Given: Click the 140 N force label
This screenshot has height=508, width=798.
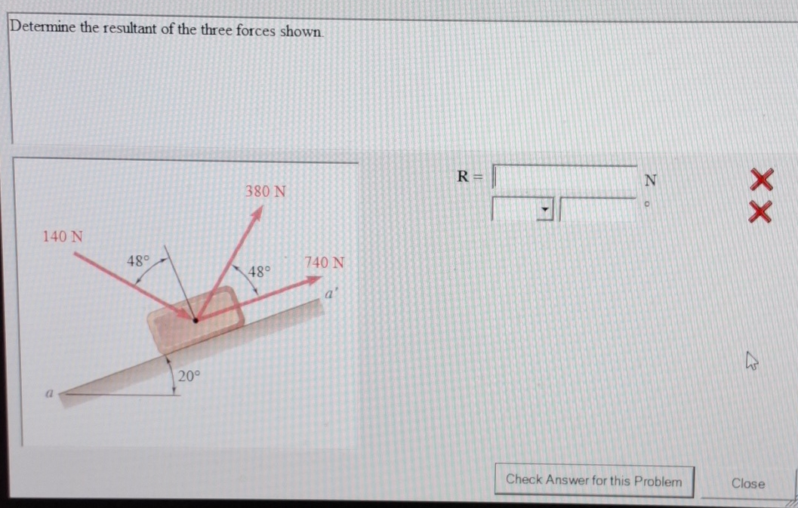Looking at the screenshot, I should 63,237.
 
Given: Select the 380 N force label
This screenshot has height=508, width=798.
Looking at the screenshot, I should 265,192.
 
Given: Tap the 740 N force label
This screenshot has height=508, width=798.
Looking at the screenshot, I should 325,263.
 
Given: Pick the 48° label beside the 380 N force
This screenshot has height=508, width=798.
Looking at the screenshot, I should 260,271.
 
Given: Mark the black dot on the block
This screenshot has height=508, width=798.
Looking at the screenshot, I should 196,320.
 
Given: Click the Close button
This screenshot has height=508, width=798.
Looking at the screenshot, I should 747,484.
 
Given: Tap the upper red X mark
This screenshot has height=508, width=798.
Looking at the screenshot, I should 761,181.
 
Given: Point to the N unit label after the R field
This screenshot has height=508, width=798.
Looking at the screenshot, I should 650,180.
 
